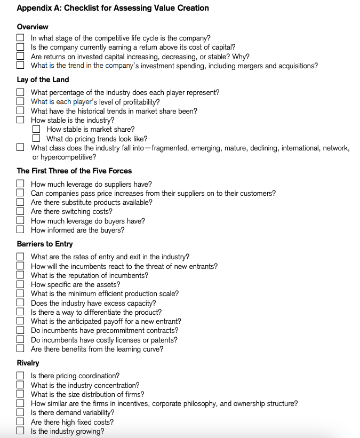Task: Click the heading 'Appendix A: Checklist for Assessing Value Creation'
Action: (x=113, y=8)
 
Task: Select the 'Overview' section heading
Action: (x=33, y=27)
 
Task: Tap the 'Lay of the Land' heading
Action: (x=43, y=79)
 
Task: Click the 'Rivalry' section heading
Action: (x=28, y=363)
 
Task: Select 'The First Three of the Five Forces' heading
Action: (x=74, y=171)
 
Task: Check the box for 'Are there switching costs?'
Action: (x=20, y=212)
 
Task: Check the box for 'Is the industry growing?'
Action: (x=20, y=432)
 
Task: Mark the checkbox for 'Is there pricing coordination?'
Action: (x=20, y=376)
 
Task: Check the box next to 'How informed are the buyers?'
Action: (x=20, y=230)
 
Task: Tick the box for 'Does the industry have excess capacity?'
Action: (x=20, y=303)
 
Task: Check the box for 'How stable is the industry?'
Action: (x=20, y=120)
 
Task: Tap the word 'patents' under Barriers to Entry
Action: (x=165, y=340)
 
